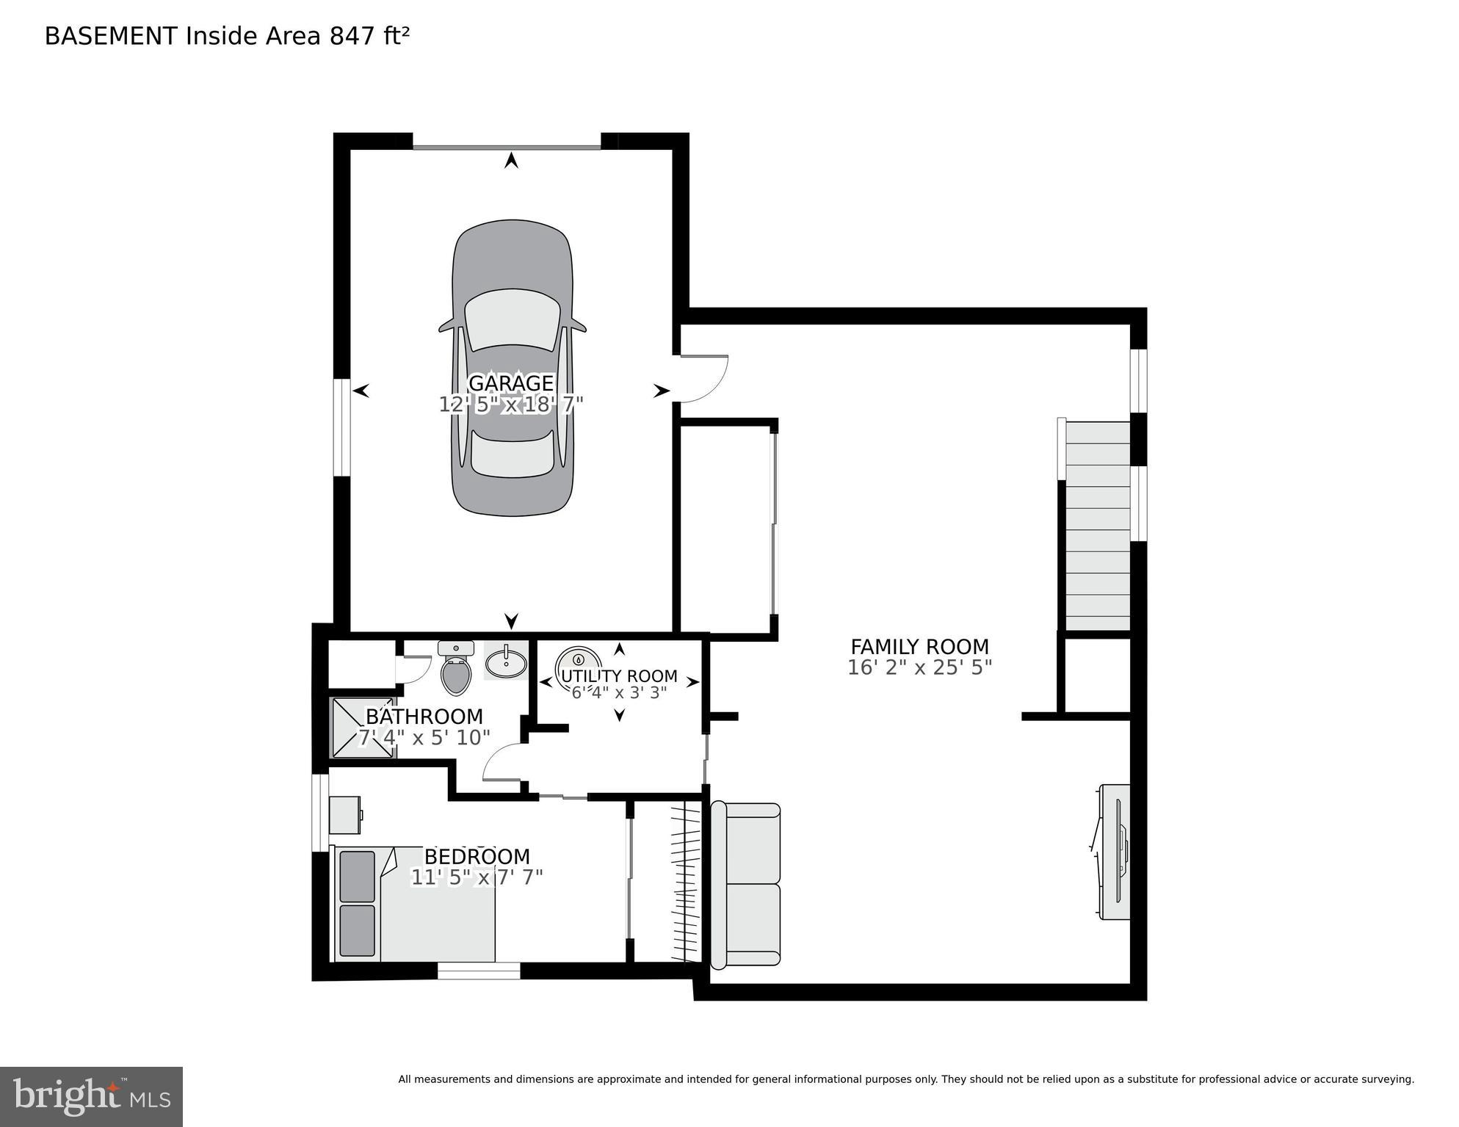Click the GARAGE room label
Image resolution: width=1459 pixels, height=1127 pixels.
[x=510, y=383]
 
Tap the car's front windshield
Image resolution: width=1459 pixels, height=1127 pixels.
[x=511, y=320]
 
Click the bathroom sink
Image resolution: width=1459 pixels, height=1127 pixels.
[x=506, y=662]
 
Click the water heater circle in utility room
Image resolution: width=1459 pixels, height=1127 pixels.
[x=579, y=659]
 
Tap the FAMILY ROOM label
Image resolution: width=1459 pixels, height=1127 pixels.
[x=919, y=647]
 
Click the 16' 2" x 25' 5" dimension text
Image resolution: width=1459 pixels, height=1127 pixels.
[x=919, y=667]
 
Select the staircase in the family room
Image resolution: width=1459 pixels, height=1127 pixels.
[x=1097, y=526]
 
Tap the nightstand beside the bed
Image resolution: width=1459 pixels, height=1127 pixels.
[x=344, y=815]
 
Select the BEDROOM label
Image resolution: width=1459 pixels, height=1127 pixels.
[x=477, y=857]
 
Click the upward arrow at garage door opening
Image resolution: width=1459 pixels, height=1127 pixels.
[x=511, y=160]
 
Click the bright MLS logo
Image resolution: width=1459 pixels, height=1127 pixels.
[x=91, y=1096]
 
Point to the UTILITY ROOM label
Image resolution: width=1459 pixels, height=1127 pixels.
[x=619, y=675]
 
